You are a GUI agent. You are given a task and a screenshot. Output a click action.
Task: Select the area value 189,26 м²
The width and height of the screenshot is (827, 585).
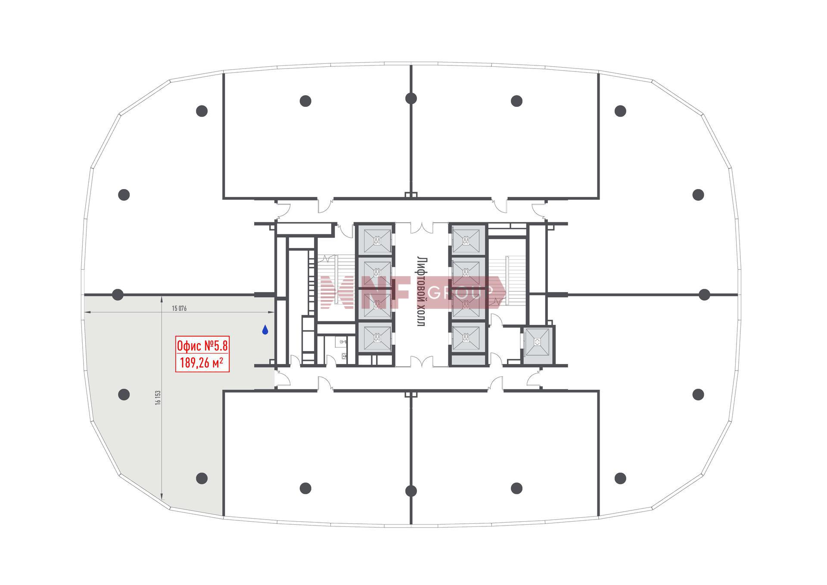pyautogui.click(x=202, y=363)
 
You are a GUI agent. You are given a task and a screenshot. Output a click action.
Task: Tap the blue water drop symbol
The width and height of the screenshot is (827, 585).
pyautogui.click(x=265, y=330)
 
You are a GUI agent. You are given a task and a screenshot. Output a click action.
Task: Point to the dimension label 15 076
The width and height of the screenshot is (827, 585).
pyautogui.click(x=179, y=308)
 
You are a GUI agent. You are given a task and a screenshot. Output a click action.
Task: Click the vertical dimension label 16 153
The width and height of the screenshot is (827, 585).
pyautogui.click(x=158, y=397)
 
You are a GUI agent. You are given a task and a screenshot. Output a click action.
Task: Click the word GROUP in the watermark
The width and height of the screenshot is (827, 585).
pyautogui.click(x=455, y=293)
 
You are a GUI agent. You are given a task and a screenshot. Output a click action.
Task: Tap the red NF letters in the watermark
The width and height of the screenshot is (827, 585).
pyautogui.click(x=386, y=293)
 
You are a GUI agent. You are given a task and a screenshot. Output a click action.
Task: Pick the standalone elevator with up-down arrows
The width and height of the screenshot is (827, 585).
pyautogui.click(x=537, y=342)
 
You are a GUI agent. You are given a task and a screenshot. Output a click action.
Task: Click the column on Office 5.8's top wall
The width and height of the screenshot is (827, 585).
pyautogui.click(x=118, y=295)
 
